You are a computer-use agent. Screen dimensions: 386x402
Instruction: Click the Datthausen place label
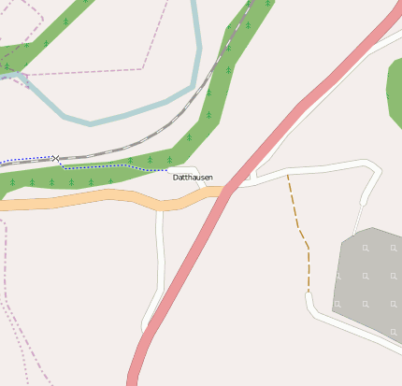[x=193, y=177]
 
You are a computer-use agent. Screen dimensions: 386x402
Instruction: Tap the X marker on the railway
[x=56, y=159]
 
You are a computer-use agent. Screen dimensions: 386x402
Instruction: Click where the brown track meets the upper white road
[x=288, y=174]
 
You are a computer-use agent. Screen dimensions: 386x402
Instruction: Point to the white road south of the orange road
[x=160, y=262]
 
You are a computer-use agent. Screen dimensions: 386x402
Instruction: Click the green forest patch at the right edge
[x=395, y=89]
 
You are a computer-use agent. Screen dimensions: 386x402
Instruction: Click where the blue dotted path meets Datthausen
[x=168, y=170]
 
